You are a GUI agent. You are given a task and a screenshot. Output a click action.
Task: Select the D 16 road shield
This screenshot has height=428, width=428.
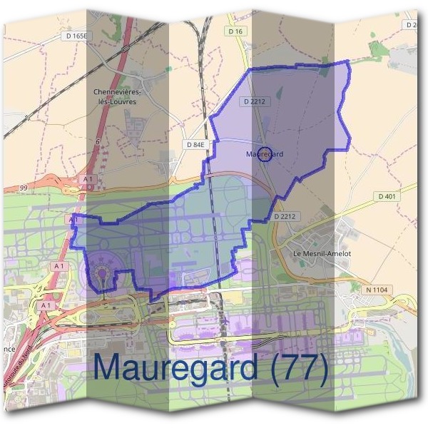(237, 32)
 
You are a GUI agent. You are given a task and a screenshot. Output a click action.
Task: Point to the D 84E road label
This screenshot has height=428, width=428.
(195, 144)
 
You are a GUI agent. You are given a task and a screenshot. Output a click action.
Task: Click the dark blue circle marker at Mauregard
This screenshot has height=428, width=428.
(265, 154)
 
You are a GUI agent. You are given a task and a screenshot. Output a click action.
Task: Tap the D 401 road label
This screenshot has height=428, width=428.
(387, 196)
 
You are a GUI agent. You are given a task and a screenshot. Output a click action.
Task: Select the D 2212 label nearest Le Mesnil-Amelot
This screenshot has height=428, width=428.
(284, 215)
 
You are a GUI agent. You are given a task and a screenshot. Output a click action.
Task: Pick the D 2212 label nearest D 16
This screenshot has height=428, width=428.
(254, 102)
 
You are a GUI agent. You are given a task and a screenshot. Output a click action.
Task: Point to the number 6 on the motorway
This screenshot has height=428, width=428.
(98, 142)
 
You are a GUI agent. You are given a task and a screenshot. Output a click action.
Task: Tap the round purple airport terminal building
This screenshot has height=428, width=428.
(103, 275)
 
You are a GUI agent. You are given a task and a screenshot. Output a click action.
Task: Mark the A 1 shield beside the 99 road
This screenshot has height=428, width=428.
(88, 178)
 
